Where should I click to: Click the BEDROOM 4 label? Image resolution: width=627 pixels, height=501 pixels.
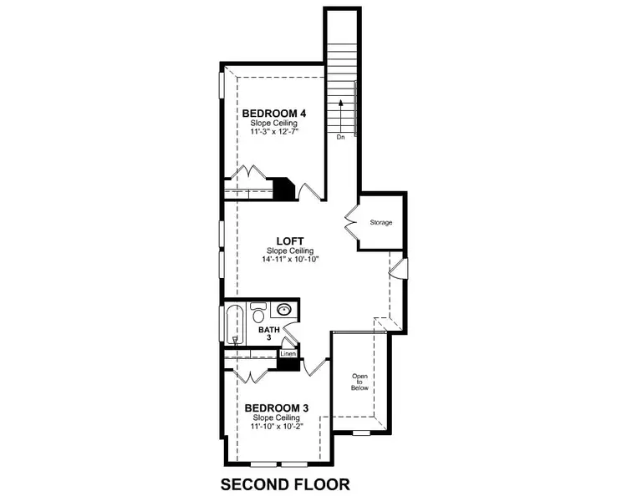(x=273, y=114)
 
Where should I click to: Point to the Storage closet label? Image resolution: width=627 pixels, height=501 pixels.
(x=381, y=222)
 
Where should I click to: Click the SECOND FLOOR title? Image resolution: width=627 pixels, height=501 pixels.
(x=284, y=483)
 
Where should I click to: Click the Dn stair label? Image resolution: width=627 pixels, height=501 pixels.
(x=340, y=137)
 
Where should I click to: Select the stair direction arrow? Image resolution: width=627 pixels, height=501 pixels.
(x=340, y=115)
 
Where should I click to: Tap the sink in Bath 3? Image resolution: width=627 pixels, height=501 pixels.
(x=284, y=310)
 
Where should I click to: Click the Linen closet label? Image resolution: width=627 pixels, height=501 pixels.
(x=287, y=353)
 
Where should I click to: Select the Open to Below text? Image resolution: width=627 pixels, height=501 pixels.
(x=359, y=381)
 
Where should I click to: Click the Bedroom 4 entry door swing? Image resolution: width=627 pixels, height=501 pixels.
(x=310, y=191)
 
